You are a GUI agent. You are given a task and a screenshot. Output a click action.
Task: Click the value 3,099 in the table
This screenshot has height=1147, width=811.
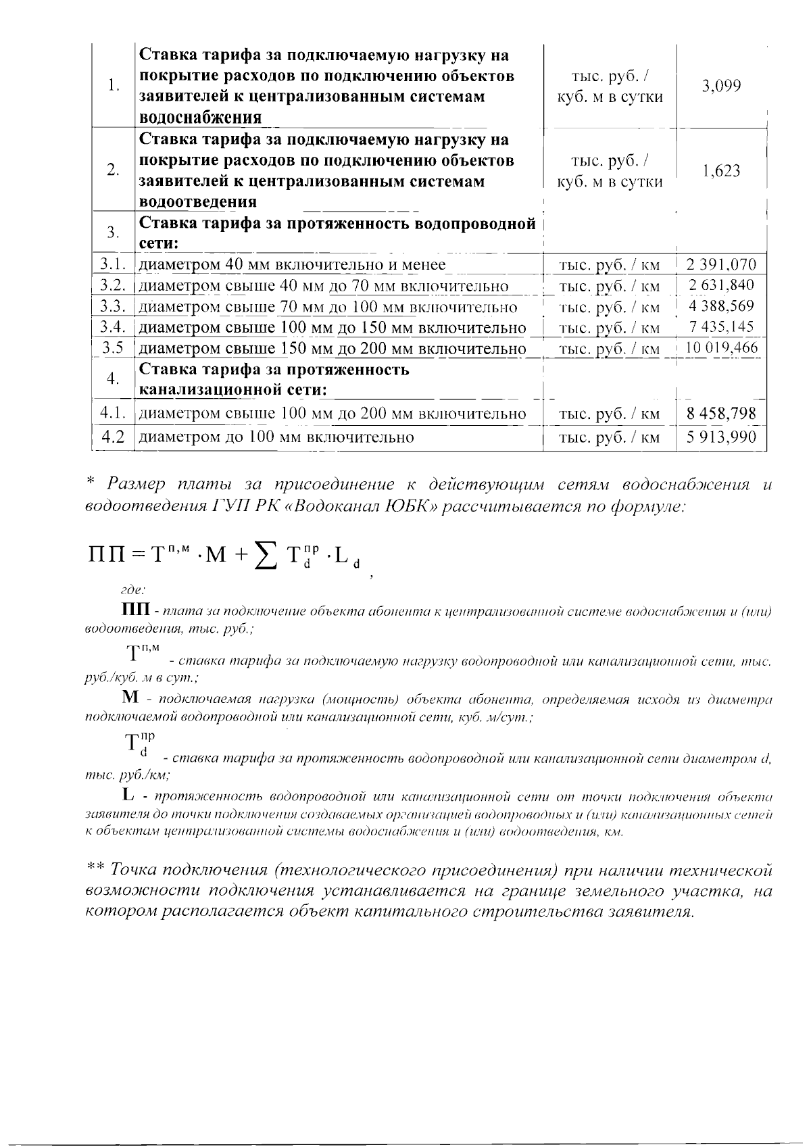tap(721, 86)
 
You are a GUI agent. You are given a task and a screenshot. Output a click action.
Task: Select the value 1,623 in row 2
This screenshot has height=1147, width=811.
tap(721, 171)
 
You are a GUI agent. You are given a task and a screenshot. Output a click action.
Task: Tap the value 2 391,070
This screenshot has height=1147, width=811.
tap(721, 264)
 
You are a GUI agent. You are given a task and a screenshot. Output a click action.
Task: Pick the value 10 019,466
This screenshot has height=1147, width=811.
tap(721, 349)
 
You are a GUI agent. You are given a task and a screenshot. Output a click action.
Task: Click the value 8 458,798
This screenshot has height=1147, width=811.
tap(721, 413)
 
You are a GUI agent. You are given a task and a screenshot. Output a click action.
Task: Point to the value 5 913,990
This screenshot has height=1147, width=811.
tap(721, 437)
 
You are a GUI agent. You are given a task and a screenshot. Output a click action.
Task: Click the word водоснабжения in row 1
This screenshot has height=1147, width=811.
tap(200, 118)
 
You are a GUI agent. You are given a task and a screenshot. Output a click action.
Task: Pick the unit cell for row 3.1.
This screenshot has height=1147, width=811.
tap(610, 265)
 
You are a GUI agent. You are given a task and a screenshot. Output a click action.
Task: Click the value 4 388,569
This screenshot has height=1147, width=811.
tap(721, 306)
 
